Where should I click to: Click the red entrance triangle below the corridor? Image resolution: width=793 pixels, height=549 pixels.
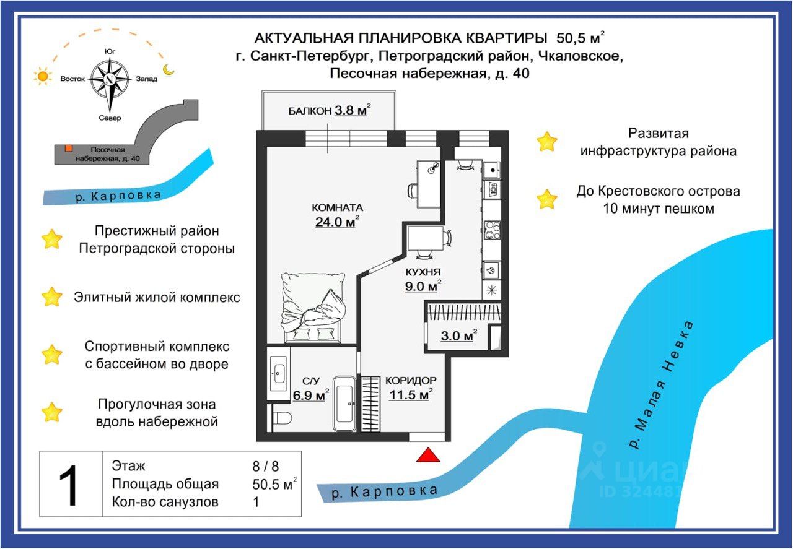[x=428, y=456]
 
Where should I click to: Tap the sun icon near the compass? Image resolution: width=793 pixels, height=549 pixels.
[x=42, y=77]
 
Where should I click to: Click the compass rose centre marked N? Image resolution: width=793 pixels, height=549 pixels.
[x=109, y=79]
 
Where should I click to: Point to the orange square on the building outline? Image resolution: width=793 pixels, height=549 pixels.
[x=69, y=148]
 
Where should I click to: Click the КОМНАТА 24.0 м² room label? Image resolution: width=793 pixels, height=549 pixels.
[x=337, y=215]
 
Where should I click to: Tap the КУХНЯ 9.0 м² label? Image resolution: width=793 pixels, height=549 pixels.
[x=423, y=279]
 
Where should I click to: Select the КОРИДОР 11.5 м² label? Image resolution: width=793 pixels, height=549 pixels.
[x=410, y=387]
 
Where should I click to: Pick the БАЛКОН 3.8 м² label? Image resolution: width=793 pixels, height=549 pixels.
[x=329, y=111]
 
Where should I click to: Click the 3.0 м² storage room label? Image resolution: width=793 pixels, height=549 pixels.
[x=458, y=336]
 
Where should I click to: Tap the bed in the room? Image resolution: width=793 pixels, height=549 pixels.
[x=313, y=307]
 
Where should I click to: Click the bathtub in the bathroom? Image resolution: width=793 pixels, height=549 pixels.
[x=344, y=404]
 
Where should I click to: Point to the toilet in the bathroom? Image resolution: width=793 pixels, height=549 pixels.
[x=280, y=418]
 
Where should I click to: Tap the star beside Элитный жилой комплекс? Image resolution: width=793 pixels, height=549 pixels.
[x=52, y=297]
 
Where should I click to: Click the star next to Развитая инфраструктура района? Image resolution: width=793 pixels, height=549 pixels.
[x=546, y=142]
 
